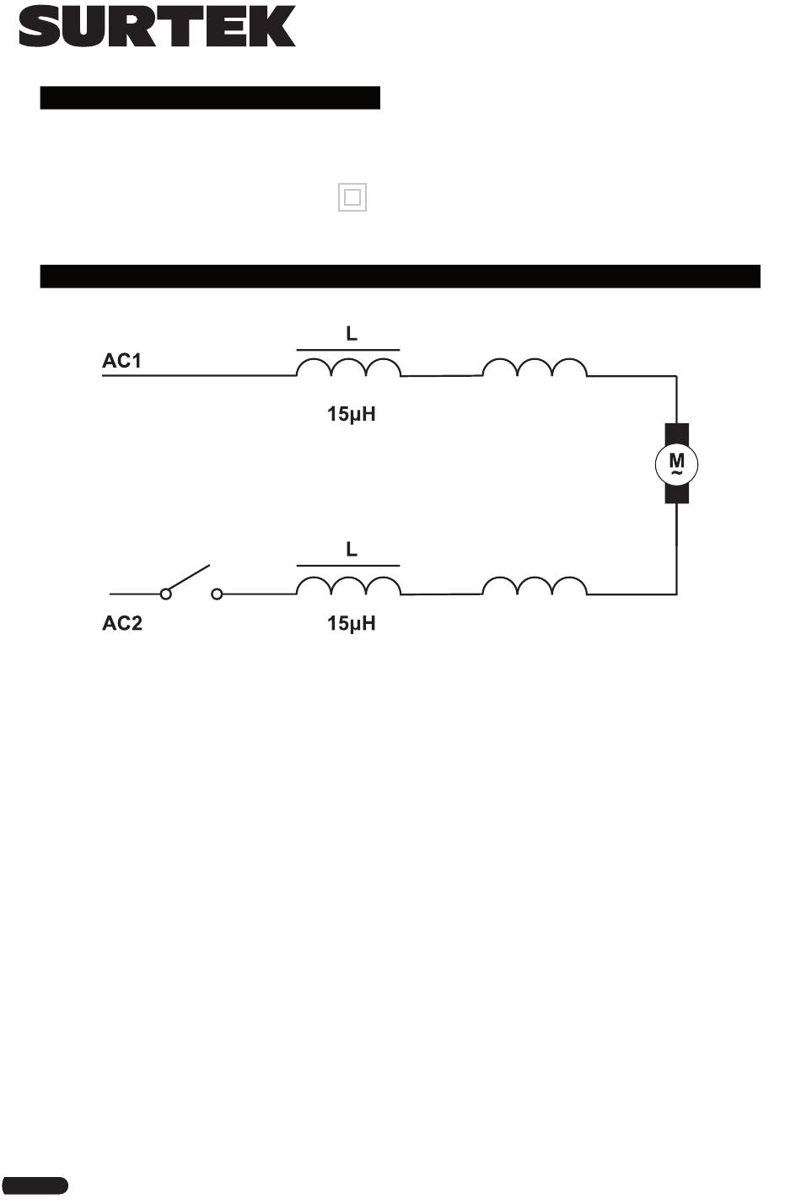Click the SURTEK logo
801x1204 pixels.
tap(157, 27)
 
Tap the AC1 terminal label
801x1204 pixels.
tap(122, 361)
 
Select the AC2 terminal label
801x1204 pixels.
tap(122, 625)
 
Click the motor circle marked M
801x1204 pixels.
tap(677, 463)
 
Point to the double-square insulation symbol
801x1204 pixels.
tap(352, 198)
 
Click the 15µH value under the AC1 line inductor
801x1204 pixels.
tap(352, 414)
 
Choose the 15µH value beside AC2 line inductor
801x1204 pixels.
tap(352, 625)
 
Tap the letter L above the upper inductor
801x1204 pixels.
tap(352, 334)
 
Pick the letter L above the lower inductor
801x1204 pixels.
tap(352, 550)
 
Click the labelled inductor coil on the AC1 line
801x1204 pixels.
tap(348, 368)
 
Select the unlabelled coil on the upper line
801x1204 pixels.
tap(535, 368)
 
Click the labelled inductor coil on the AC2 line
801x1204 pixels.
tap(348, 587)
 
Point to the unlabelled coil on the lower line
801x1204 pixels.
tap(535, 587)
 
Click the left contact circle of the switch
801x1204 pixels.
tap(166, 594)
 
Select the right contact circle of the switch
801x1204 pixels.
tap(217, 594)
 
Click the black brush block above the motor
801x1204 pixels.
tap(677, 433)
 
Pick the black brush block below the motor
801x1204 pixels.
tap(677, 493)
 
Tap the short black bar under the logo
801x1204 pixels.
tap(210, 98)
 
